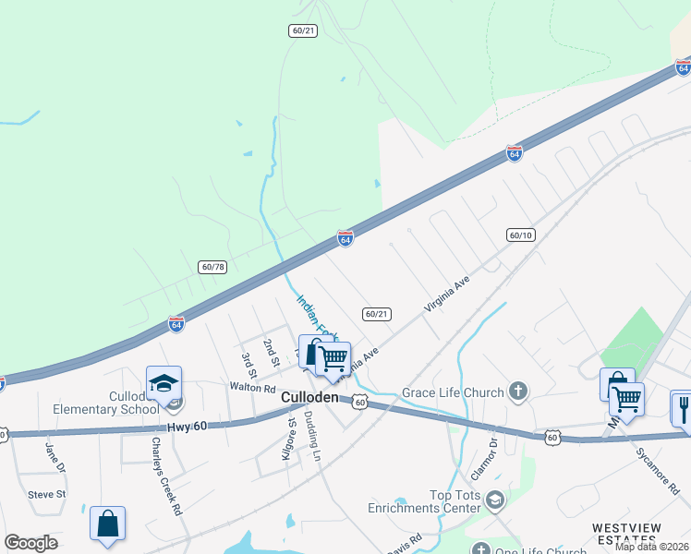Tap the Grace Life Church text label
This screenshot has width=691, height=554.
coord(454,391)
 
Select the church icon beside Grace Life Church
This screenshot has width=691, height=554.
coord(518,391)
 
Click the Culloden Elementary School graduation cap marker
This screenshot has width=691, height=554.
coord(164,383)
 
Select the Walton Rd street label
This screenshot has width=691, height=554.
coord(252,389)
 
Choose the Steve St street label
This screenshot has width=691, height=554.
coord(46,495)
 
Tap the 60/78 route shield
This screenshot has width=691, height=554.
coord(212,267)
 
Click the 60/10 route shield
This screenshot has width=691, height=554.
coord(521,235)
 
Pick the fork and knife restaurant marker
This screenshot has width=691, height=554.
coord(684,406)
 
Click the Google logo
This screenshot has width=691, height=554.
coord(31,543)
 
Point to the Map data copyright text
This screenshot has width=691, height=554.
coord(651,547)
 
